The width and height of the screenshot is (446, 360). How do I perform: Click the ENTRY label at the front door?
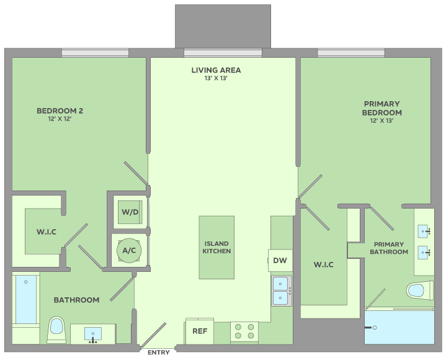158,353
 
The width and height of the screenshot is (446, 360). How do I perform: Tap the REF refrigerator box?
199,331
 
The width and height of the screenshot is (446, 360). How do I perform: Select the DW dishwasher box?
280,261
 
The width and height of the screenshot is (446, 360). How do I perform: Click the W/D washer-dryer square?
130,212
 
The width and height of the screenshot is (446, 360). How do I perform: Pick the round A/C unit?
129,250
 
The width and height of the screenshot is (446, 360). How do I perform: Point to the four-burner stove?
244,332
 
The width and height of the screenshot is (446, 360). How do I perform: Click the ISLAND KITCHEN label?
216,247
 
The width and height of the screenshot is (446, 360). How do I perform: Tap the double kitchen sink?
282,291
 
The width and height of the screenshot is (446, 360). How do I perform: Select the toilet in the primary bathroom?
420,290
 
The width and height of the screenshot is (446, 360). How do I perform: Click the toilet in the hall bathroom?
56,330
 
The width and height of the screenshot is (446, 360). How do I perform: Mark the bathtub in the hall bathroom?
26,299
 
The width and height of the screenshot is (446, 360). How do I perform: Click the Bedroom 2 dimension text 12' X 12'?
60,119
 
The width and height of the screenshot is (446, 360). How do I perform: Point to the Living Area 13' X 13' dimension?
216,78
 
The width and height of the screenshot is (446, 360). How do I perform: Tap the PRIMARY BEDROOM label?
381,108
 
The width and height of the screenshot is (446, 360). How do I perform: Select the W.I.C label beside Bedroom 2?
47,232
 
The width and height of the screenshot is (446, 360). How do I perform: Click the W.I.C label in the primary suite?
323,264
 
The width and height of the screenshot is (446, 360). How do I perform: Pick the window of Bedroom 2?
95,53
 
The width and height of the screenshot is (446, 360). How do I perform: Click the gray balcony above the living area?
223,26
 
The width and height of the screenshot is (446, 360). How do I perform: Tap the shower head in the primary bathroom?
371,328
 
